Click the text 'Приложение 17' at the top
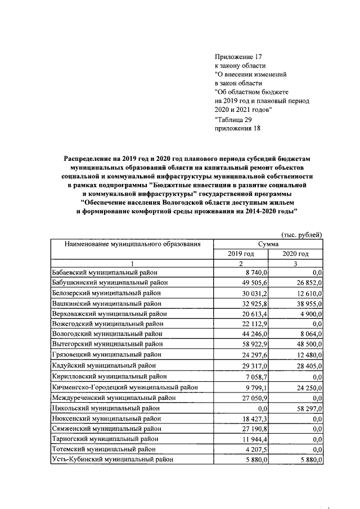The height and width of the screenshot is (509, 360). (238, 57)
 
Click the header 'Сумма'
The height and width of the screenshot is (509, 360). (268, 244)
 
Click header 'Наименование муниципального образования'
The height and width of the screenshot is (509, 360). (132, 244)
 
